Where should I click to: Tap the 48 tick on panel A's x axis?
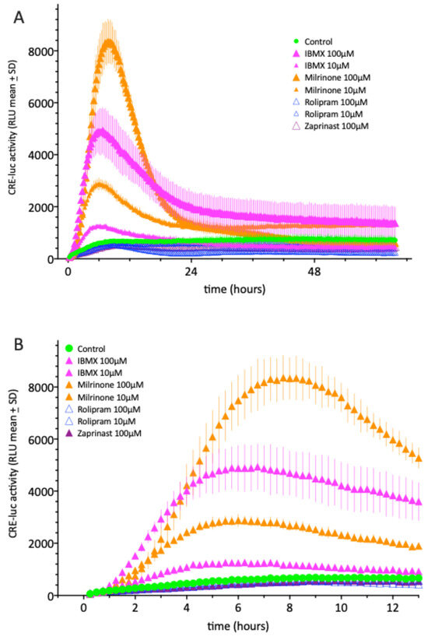tap(314, 273)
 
